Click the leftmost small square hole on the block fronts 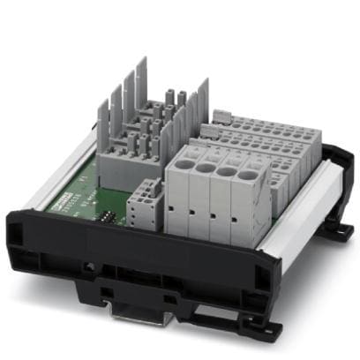click(191, 210)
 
